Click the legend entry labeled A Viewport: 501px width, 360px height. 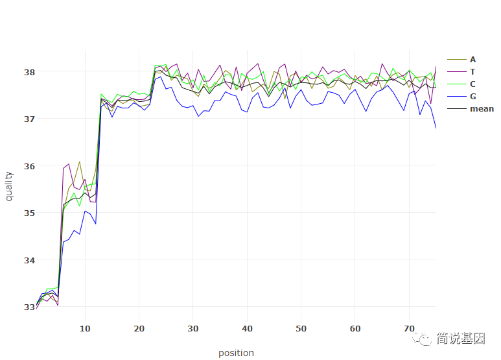[472, 60]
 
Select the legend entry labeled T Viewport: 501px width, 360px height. [472, 72]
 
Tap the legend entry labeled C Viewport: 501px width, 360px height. [472, 84]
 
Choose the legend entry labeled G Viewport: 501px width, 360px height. [472, 97]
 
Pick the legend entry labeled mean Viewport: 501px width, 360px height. [481, 109]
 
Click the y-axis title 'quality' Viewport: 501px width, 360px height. [9, 186]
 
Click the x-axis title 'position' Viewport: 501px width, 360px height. [236, 353]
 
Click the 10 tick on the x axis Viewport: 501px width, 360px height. [85, 329]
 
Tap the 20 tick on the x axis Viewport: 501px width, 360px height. [139, 329]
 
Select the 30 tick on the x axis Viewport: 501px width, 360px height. [193, 329]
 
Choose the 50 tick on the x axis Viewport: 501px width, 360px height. [301, 329]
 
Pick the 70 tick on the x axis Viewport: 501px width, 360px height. [409, 329]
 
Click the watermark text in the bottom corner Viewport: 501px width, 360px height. [460, 339]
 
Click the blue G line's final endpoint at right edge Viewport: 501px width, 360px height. [436, 128]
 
